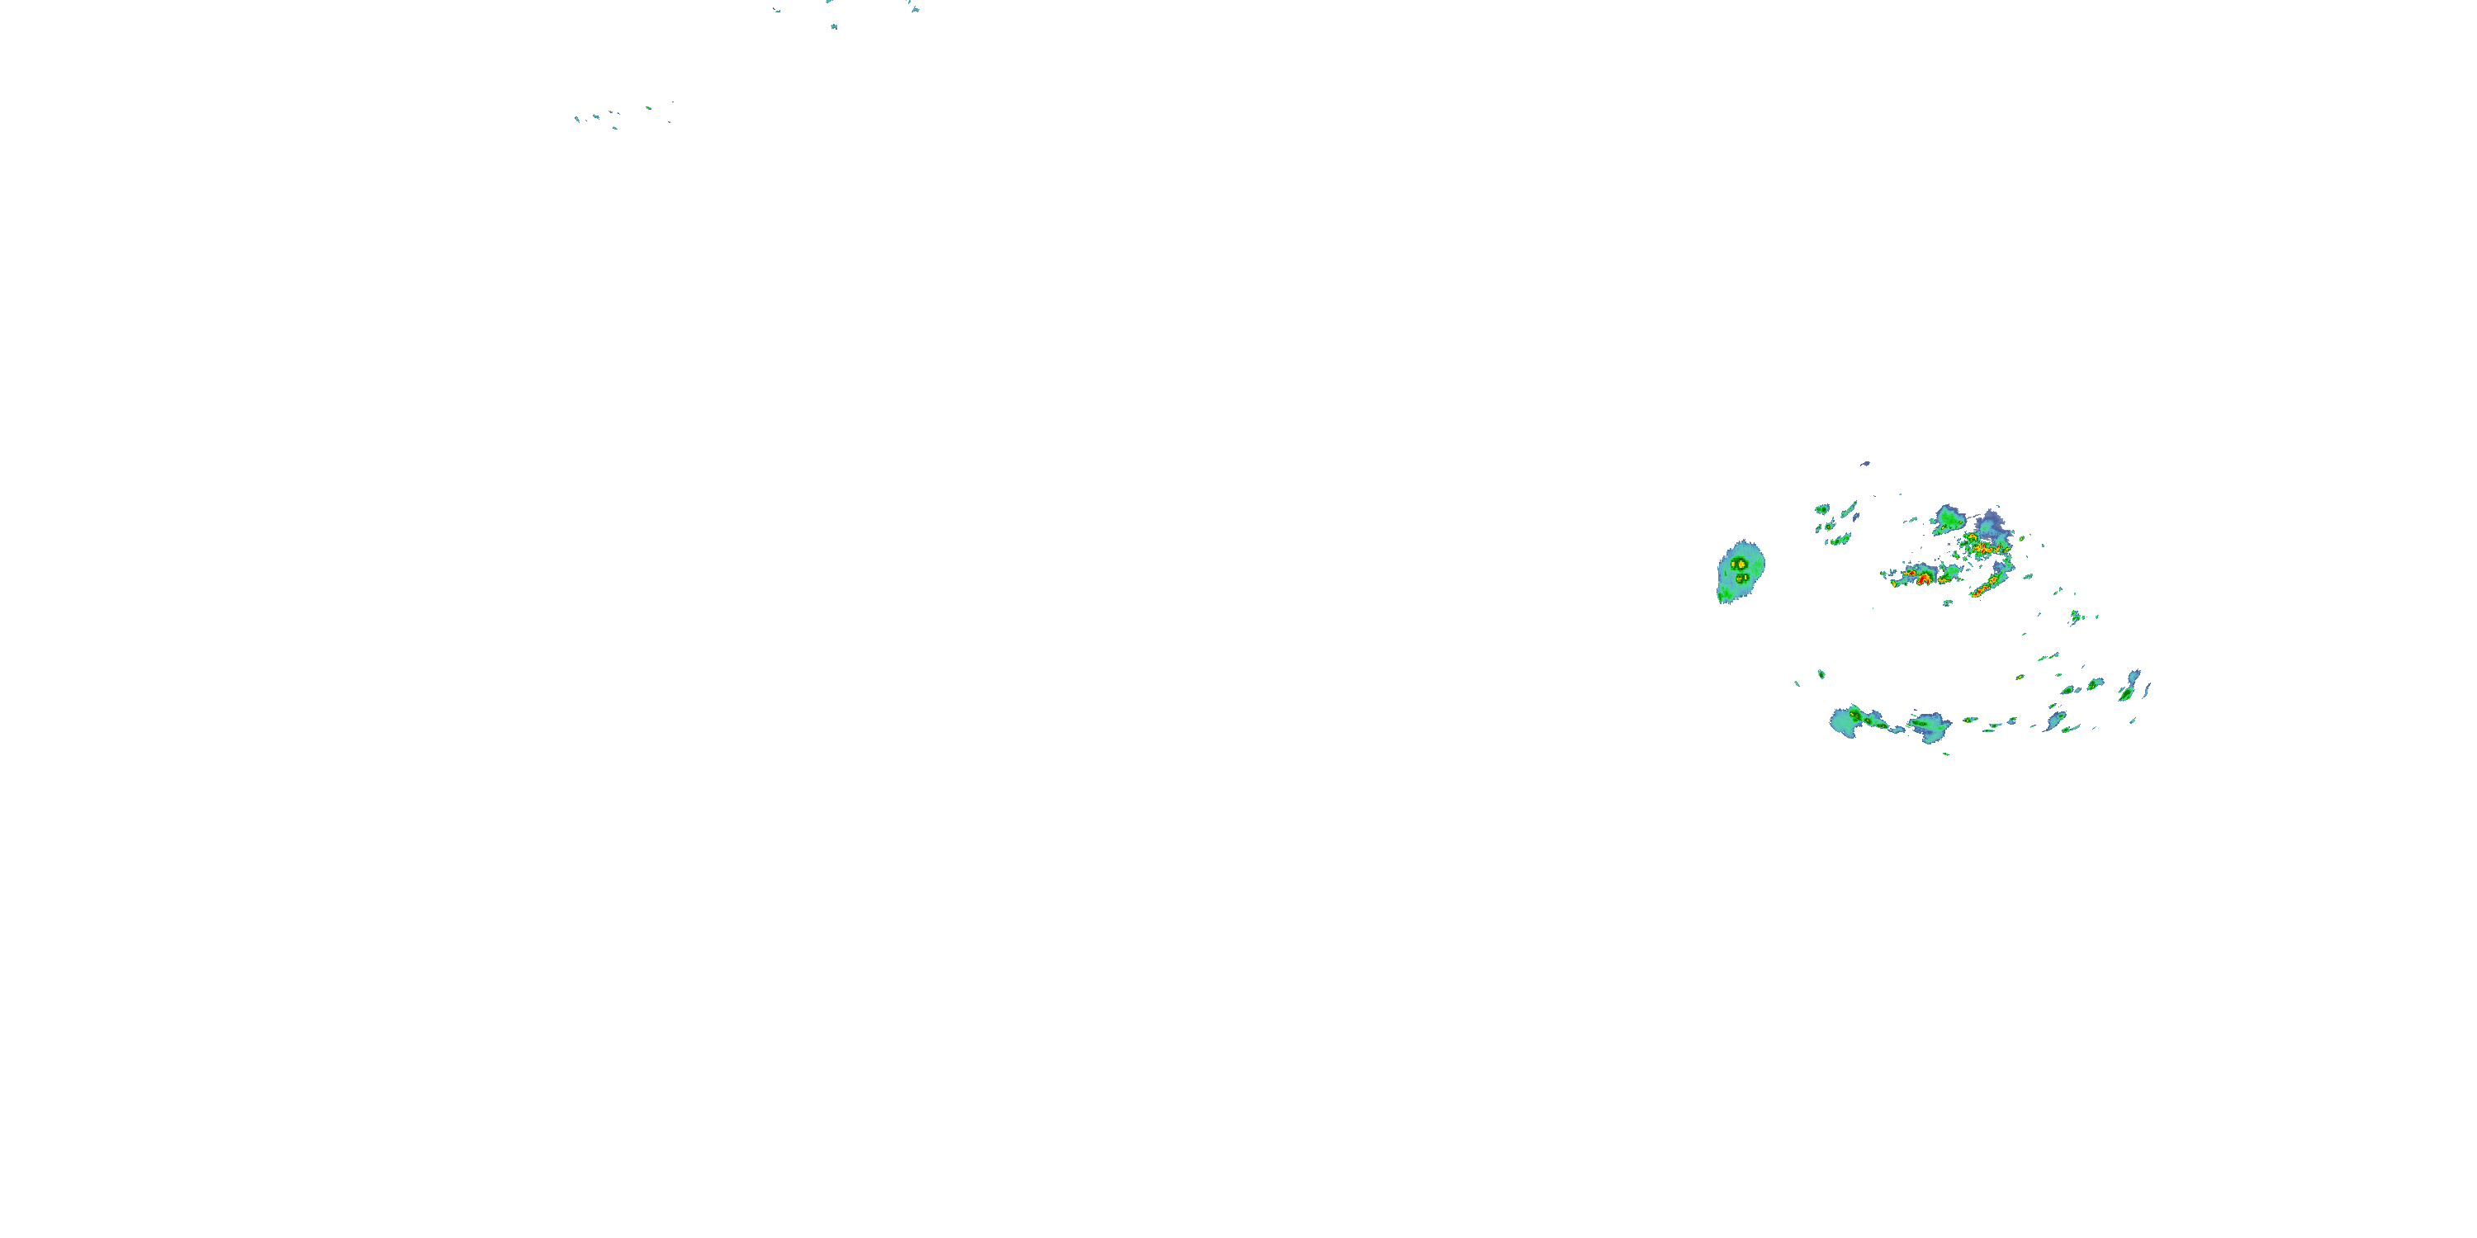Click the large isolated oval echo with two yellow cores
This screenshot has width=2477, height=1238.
[x=1741, y=571]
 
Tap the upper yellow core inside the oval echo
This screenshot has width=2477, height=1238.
[x=1740, y=563]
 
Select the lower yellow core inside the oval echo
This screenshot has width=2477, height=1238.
[x=1741, y=579]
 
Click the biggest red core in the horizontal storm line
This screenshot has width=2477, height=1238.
[x=1923, y=579]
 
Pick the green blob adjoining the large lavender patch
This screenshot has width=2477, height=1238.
[x=1950, y=520]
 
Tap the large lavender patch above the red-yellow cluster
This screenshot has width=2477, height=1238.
[x=1988, y=523]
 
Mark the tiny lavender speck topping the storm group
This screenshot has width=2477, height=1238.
[x=1865, y=463]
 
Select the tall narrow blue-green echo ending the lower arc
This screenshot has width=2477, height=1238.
[x=2131, y=685]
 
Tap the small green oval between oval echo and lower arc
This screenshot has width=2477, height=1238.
[x=1821, y=675]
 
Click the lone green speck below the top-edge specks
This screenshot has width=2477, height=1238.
[x=834, y=26]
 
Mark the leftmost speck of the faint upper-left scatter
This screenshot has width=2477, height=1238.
[x=576, y=119]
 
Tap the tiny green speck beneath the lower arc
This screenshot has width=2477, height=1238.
[x=1946, y=754]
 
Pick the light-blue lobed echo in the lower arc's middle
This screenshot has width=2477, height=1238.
[x=1931, y=728]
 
